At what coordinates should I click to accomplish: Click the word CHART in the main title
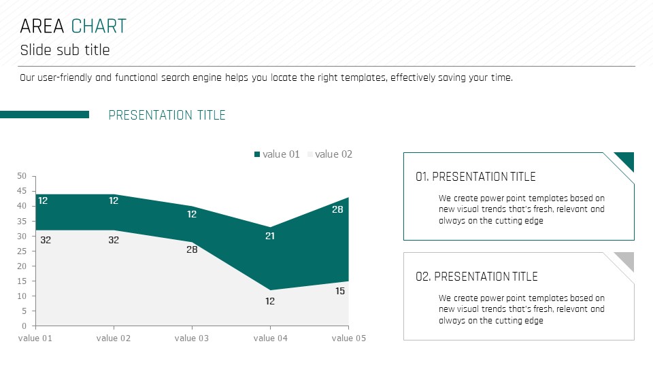point(99,27)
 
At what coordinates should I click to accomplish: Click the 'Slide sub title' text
point(65,50)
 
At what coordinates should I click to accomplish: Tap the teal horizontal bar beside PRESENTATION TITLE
point(45,114)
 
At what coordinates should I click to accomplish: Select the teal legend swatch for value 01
point(257,154)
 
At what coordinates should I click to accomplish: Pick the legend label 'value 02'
point(333,154)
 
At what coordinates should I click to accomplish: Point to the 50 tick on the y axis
point(22,176)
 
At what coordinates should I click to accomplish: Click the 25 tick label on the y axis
point(22,251)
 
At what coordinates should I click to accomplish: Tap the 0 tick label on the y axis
point(24,326)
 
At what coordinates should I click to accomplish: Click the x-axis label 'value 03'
point(192,338)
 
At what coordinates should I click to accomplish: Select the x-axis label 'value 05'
point(348,338)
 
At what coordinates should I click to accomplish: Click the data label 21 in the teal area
point(270,236)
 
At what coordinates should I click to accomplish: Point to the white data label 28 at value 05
point(337,209)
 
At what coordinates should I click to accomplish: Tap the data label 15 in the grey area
point(340,292)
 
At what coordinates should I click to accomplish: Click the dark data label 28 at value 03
point(192,249)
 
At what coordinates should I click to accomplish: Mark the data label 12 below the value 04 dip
point(270,301)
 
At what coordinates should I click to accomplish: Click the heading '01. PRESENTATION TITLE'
point(475,177)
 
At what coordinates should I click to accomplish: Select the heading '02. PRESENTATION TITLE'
point(476,277)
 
